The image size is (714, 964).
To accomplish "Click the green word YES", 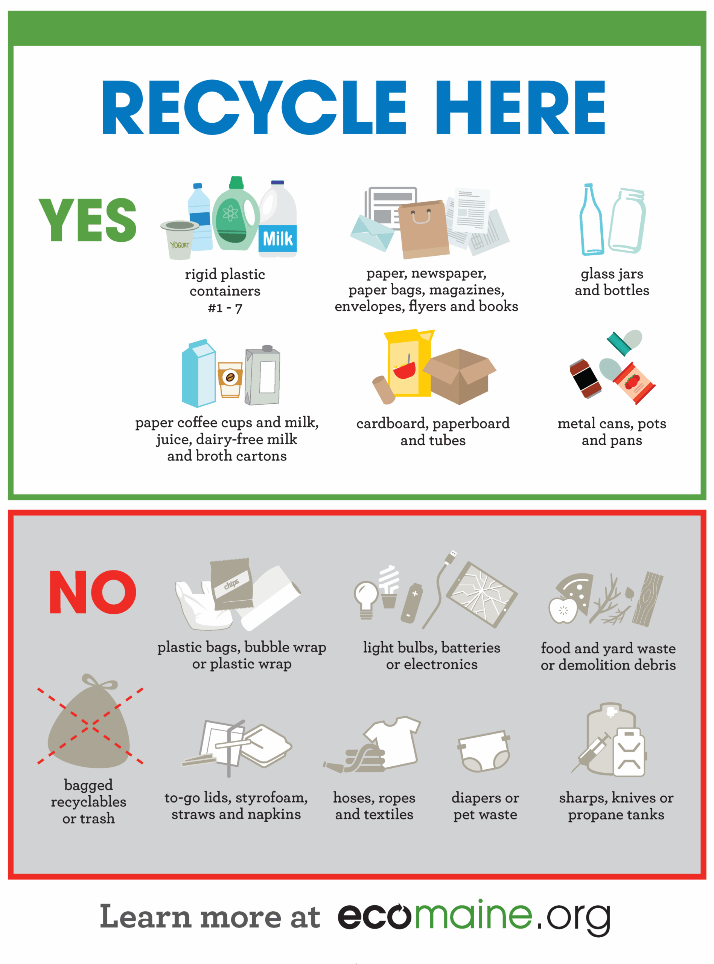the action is (88, 220).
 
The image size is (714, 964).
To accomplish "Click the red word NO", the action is (93, 592).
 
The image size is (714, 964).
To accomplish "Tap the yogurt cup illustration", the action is (180, 240).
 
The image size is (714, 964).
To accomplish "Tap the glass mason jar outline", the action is (627, 220).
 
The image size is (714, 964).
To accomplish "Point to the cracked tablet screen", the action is (481, 594).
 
